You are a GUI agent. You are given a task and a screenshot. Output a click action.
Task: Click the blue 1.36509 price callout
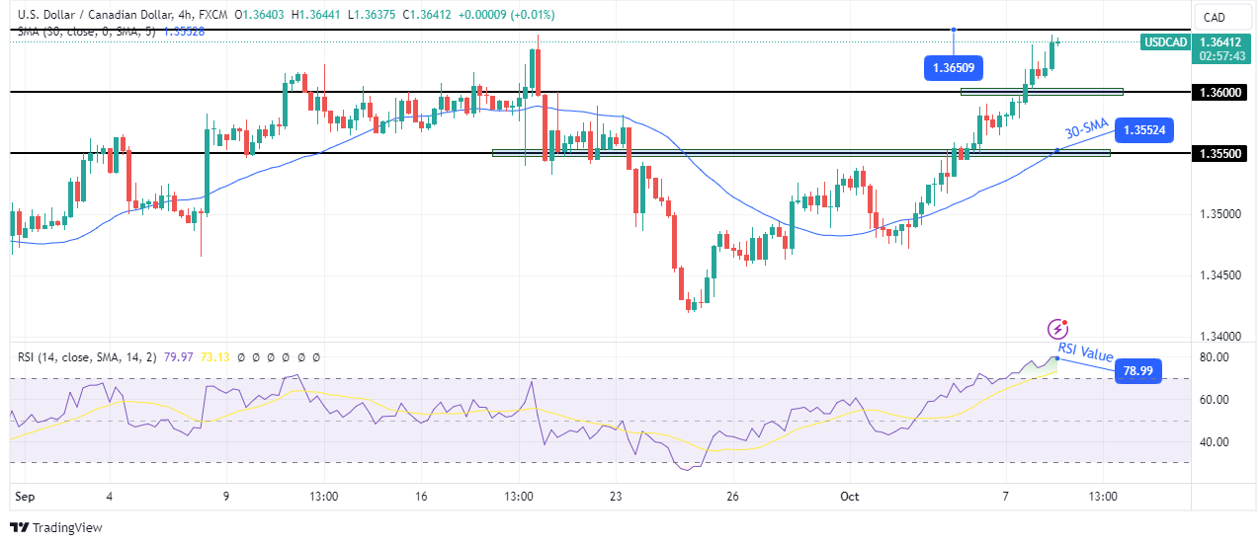tap(954, 69)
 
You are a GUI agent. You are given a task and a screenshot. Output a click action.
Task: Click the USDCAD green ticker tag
tap(1164, 42)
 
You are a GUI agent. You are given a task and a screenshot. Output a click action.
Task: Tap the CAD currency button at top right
tap(1214, 17)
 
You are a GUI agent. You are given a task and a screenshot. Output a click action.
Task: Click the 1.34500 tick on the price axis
tap(1221, 275)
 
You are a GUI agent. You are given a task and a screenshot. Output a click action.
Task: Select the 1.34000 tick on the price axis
tap(1221, 337)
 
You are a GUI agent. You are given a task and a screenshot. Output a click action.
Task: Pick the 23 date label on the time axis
tap(616, 497)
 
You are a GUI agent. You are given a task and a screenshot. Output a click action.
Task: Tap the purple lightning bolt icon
tap(1059, 328)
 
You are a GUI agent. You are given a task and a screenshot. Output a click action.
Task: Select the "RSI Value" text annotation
tap(1085, 352)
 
